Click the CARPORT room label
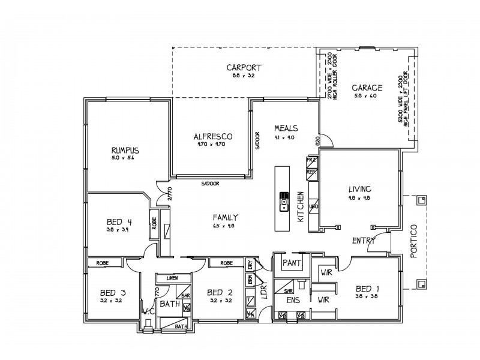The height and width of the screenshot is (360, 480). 243,67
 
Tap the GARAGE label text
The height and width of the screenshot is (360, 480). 367,88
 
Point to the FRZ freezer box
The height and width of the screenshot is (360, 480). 311,161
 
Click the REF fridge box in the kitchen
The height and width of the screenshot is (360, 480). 311,172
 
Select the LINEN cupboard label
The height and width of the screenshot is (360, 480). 172,278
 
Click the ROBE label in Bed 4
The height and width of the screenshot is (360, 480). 154,224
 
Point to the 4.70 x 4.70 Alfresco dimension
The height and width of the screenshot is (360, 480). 214,144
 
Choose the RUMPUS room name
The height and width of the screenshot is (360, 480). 125,150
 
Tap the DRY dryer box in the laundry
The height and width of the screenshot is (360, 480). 250,265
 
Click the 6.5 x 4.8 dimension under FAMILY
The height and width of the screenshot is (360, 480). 226,226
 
